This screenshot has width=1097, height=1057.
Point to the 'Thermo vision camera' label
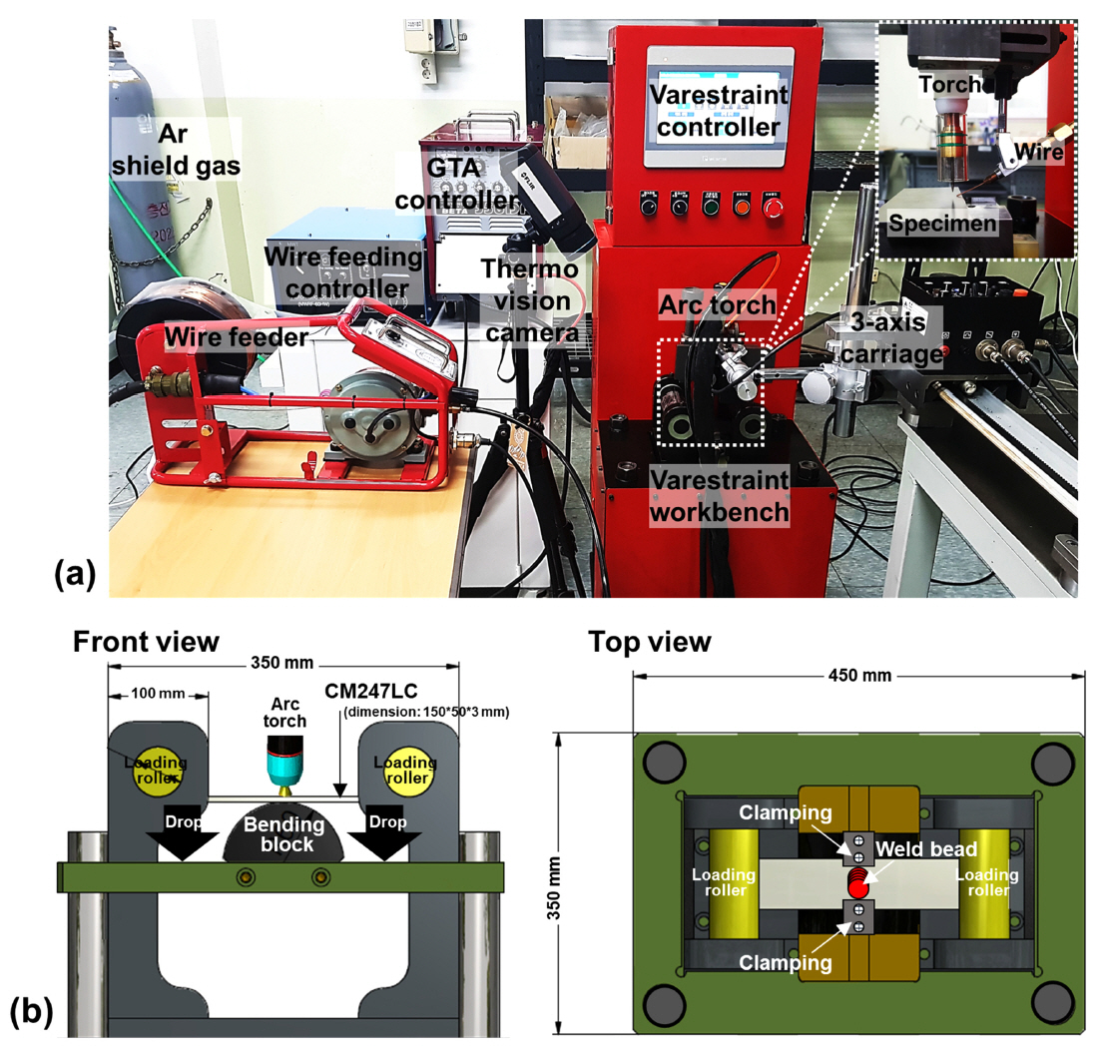[x=529, y=300]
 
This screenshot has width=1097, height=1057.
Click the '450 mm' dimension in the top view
[x=861, y=676]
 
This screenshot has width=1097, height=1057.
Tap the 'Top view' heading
[x=649, y=642]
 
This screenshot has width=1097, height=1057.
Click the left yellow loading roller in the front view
[x=158, y=770]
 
